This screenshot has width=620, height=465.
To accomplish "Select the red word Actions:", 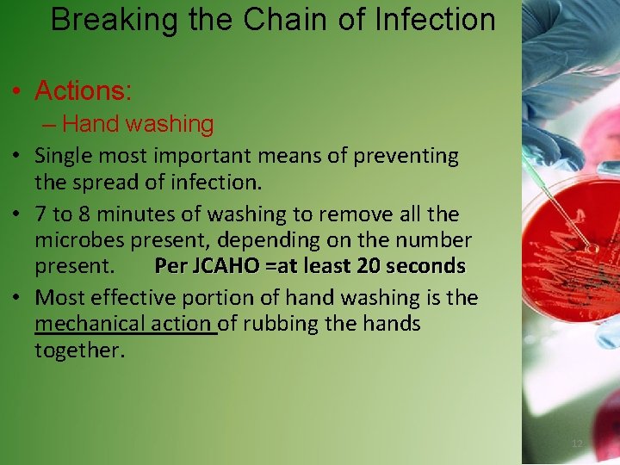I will coord(83,90).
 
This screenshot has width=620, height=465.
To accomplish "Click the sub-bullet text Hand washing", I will coord(138,124).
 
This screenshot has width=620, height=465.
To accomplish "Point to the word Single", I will coord(65,156).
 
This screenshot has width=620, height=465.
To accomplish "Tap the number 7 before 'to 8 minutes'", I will coord(40,213).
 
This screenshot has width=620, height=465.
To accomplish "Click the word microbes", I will coord(78,239).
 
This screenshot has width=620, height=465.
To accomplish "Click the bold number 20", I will coord(368,267).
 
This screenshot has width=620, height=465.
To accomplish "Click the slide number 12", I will coord(577,443).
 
